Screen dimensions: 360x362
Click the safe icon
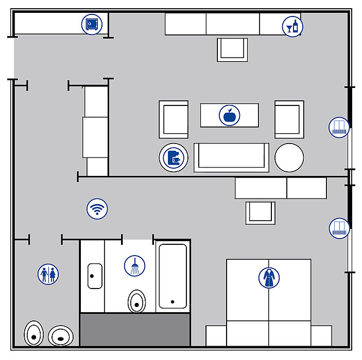click(92, 24)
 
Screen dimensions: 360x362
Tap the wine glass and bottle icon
click(292, 26)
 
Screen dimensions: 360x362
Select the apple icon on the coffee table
click(229, 115)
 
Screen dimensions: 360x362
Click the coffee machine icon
click(174, 157)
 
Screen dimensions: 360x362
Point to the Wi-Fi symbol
click(97, 209)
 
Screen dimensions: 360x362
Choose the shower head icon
click(134, 266)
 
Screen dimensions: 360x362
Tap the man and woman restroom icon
click(48, 274)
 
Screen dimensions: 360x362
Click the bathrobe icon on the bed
click(269, 278)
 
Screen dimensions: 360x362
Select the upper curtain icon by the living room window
click(339, 127)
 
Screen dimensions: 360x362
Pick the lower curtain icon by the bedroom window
click(339, 228)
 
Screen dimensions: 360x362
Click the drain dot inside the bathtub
click(173, 302)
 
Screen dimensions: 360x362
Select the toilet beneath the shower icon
click(136, 301)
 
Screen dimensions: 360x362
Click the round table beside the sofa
click(289, 157)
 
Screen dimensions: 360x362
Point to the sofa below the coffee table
click(231, 157)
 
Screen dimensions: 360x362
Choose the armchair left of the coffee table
click(174, 119)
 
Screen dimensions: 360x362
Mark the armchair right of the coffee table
click(289, 119)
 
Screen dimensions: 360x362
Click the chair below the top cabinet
click(232, 49)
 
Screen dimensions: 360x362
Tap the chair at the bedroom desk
click(260, 212)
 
